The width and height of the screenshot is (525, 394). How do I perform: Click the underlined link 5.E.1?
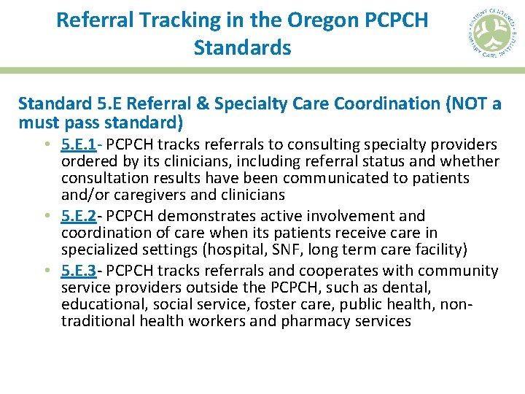79,144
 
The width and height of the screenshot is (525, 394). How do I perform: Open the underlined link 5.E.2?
79,216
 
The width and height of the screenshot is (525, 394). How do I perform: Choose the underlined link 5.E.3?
79,271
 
